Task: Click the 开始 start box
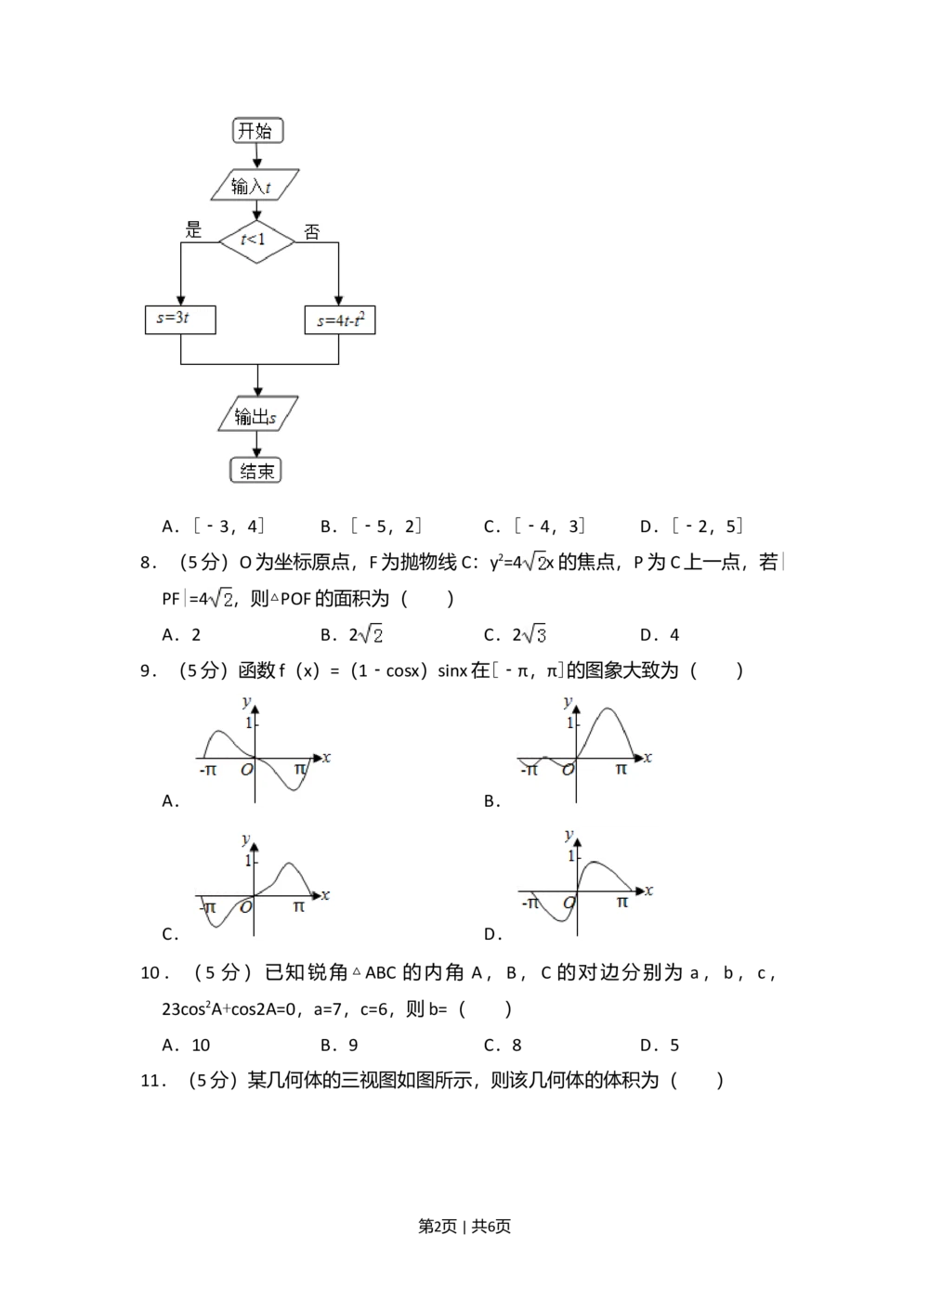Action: [x=257, y=131]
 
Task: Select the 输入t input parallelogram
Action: [x=254, y=186]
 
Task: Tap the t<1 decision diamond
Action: [x=256, y=240]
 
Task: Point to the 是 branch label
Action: [x=193, y=229]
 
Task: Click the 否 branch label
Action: [x=312, y=232]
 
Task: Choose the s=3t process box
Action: [x=180, y=319]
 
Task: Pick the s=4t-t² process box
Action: [x=340, y=320]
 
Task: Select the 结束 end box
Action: [x=256, y=471]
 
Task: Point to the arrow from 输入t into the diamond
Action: [x=257, y=211]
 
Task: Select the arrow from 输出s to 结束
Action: [x=257, y=446]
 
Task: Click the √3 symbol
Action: [x=535, y=634]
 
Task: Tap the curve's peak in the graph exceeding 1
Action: [x=608, y=709]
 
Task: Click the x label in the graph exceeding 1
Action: [x=648, y=758]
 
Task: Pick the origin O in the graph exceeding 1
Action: [x=568, y=770]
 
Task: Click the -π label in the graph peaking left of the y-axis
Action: [x=207, y=770]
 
